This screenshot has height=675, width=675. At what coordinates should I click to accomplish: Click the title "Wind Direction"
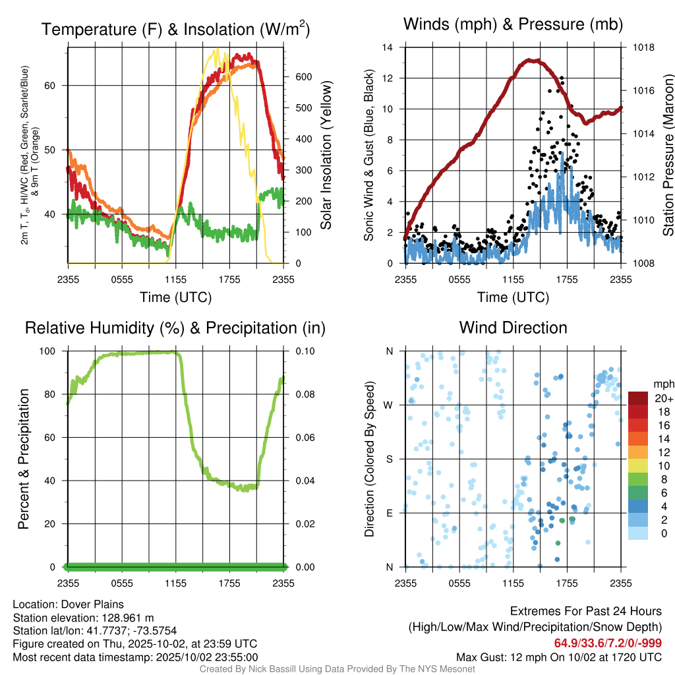pyautogui.click(x=513, y=328)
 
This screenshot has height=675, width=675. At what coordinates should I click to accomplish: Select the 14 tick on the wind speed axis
pyautogui.click(x=388, y=47)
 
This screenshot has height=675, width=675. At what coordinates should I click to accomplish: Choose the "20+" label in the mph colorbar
pyautogui.click(x=661, y=398)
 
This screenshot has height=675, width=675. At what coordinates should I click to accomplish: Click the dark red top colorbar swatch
pyautogui.click(x=637, y=398)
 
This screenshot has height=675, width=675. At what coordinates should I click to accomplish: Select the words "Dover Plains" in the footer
pyautogui.click(x=92, y=604)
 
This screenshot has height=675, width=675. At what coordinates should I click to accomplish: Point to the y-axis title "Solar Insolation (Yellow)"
pyautogui.click(x=326, y=156)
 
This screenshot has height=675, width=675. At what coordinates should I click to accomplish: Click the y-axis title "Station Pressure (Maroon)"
pyautogui.click(x=667, y=156)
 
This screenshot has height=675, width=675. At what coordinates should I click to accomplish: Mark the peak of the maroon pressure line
pyautogui.click(x=535, y=61)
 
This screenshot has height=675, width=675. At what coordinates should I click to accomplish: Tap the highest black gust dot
pyautogui.click(x=562, y=78)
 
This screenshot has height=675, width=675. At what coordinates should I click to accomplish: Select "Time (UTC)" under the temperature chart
pyautogui.click(x=175, y=297)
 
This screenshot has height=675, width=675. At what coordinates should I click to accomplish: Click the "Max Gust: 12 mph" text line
pyautogui.click(x=559, y=657)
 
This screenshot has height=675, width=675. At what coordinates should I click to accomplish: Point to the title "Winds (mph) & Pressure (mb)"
pyautogui.click(x=513, y=25)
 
